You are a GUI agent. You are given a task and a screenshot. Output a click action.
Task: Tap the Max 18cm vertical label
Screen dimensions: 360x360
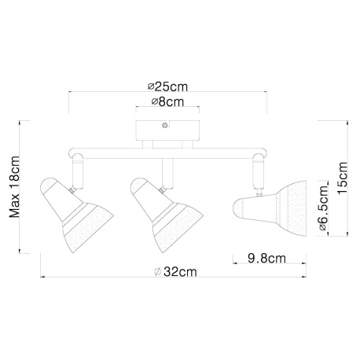(13, 189)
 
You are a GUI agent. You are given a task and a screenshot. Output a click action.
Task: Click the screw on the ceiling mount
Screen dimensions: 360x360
(163, 123)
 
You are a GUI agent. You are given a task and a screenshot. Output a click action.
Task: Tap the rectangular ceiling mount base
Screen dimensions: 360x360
(163, 131)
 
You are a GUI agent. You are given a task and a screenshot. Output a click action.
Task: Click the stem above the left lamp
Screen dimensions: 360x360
(77, 167)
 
